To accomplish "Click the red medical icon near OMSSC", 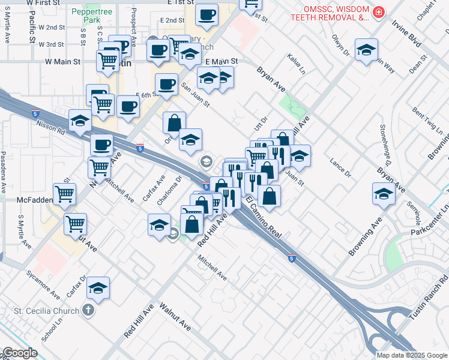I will coord(378,12).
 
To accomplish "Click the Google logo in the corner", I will coord(19,353).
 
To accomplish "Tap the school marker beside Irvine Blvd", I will coord(366,50).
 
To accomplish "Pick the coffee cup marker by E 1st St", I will coord(206,14).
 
